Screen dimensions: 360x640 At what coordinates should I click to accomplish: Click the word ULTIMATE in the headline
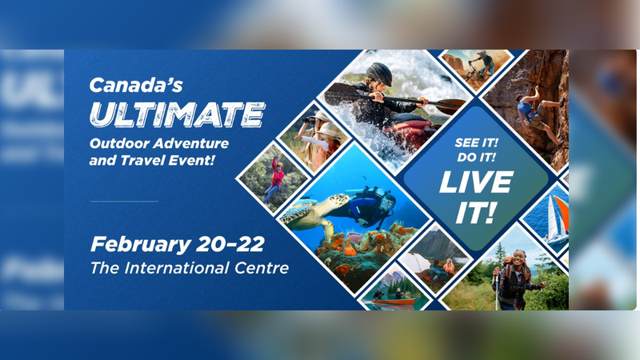[177, 114]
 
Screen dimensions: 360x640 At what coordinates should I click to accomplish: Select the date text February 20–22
[177, 243]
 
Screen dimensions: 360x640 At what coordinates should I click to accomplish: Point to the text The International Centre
[189, 267]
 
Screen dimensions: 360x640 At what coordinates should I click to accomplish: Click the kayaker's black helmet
[380, 74]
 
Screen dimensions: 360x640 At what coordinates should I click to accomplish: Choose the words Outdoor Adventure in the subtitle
[158, 143]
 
